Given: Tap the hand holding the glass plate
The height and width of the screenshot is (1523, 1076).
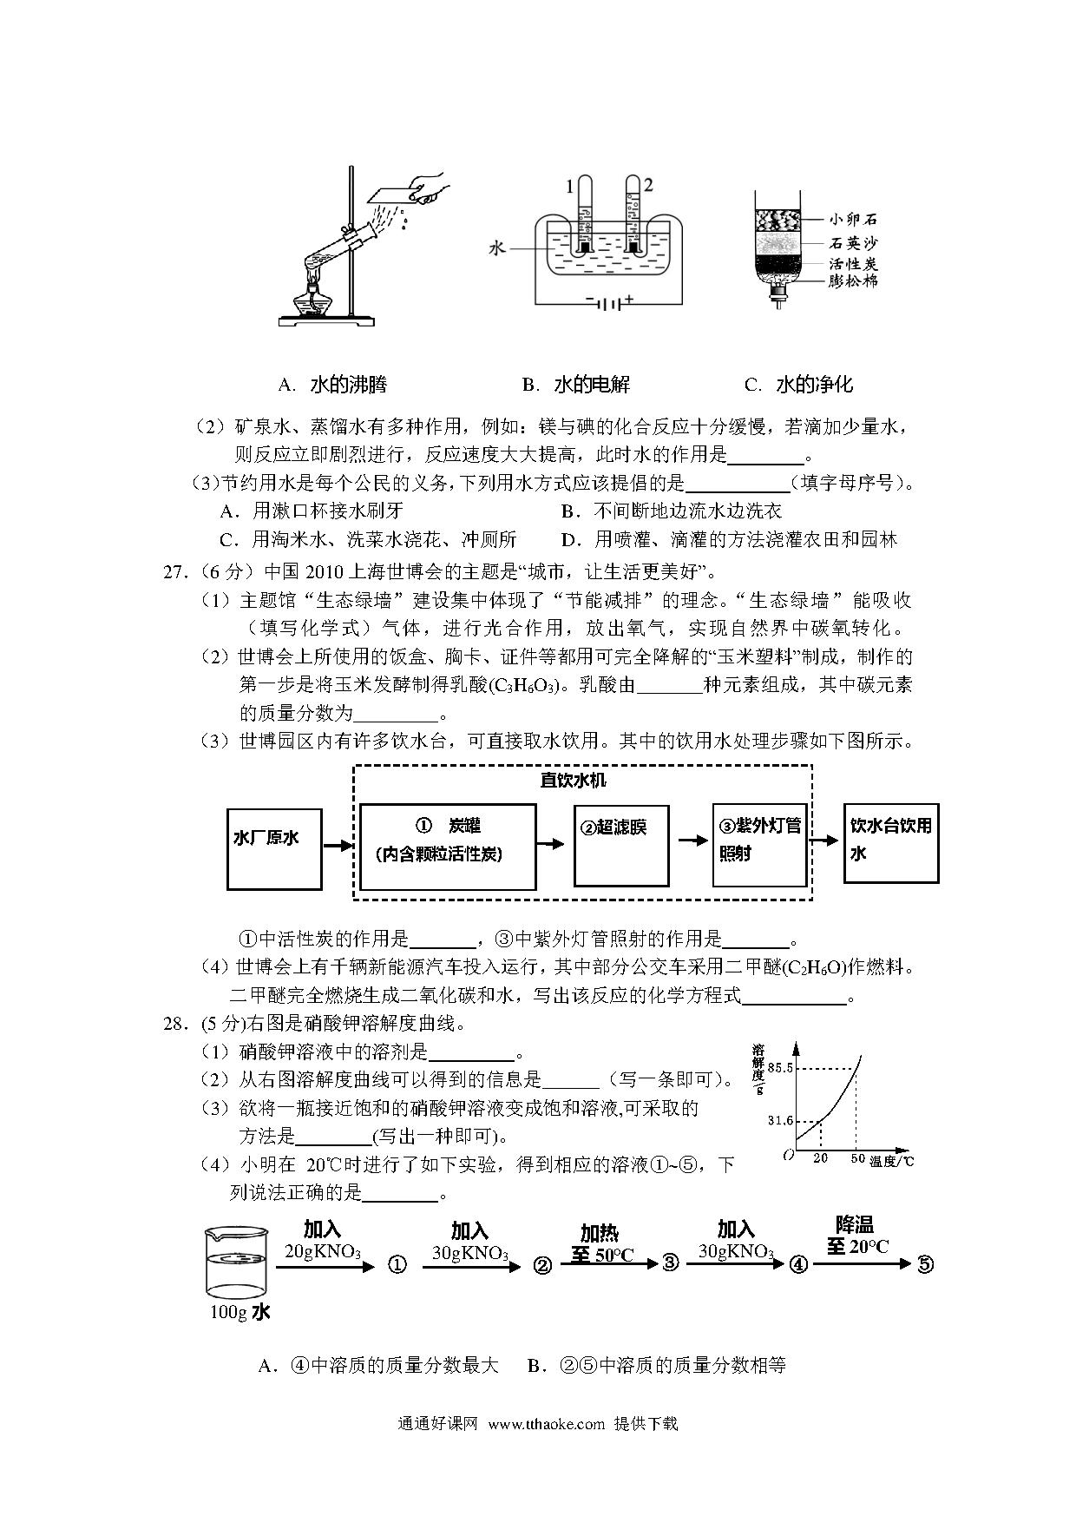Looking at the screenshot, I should pos(426,187).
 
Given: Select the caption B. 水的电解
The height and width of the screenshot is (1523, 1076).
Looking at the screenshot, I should pos(576,385).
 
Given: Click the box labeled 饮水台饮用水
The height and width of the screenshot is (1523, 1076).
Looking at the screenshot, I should pos(891,842).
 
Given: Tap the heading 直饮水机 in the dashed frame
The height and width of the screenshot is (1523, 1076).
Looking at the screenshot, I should pos(573,780).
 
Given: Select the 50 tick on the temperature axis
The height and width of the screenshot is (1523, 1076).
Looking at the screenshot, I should pos(856,1159).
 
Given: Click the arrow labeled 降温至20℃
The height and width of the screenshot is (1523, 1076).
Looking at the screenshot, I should pos(869,1264).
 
